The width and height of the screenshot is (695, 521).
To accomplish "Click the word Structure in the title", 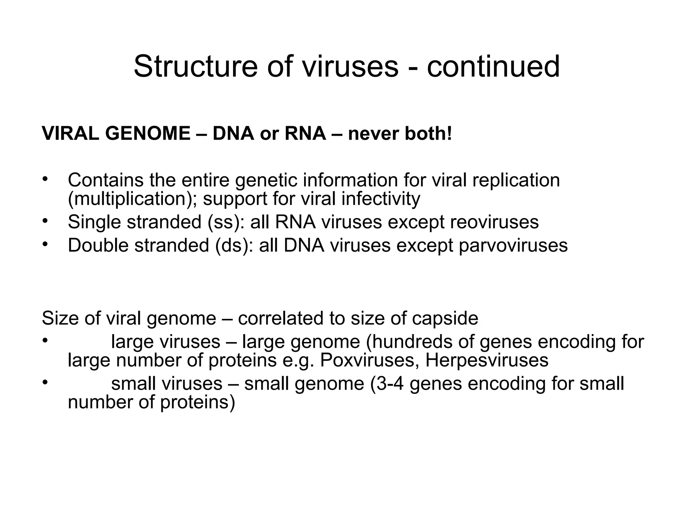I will click(x=195, y=66).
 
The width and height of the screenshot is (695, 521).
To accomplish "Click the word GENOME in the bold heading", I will click(x=148, y=133).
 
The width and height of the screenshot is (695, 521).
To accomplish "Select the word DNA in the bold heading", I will click(x=233, y=133).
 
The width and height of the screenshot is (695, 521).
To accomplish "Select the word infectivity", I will click(x=381, y=199).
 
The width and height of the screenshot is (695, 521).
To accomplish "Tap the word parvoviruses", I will click(x=513, y=245).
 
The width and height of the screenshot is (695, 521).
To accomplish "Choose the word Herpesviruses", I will click(x=487, y=360).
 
